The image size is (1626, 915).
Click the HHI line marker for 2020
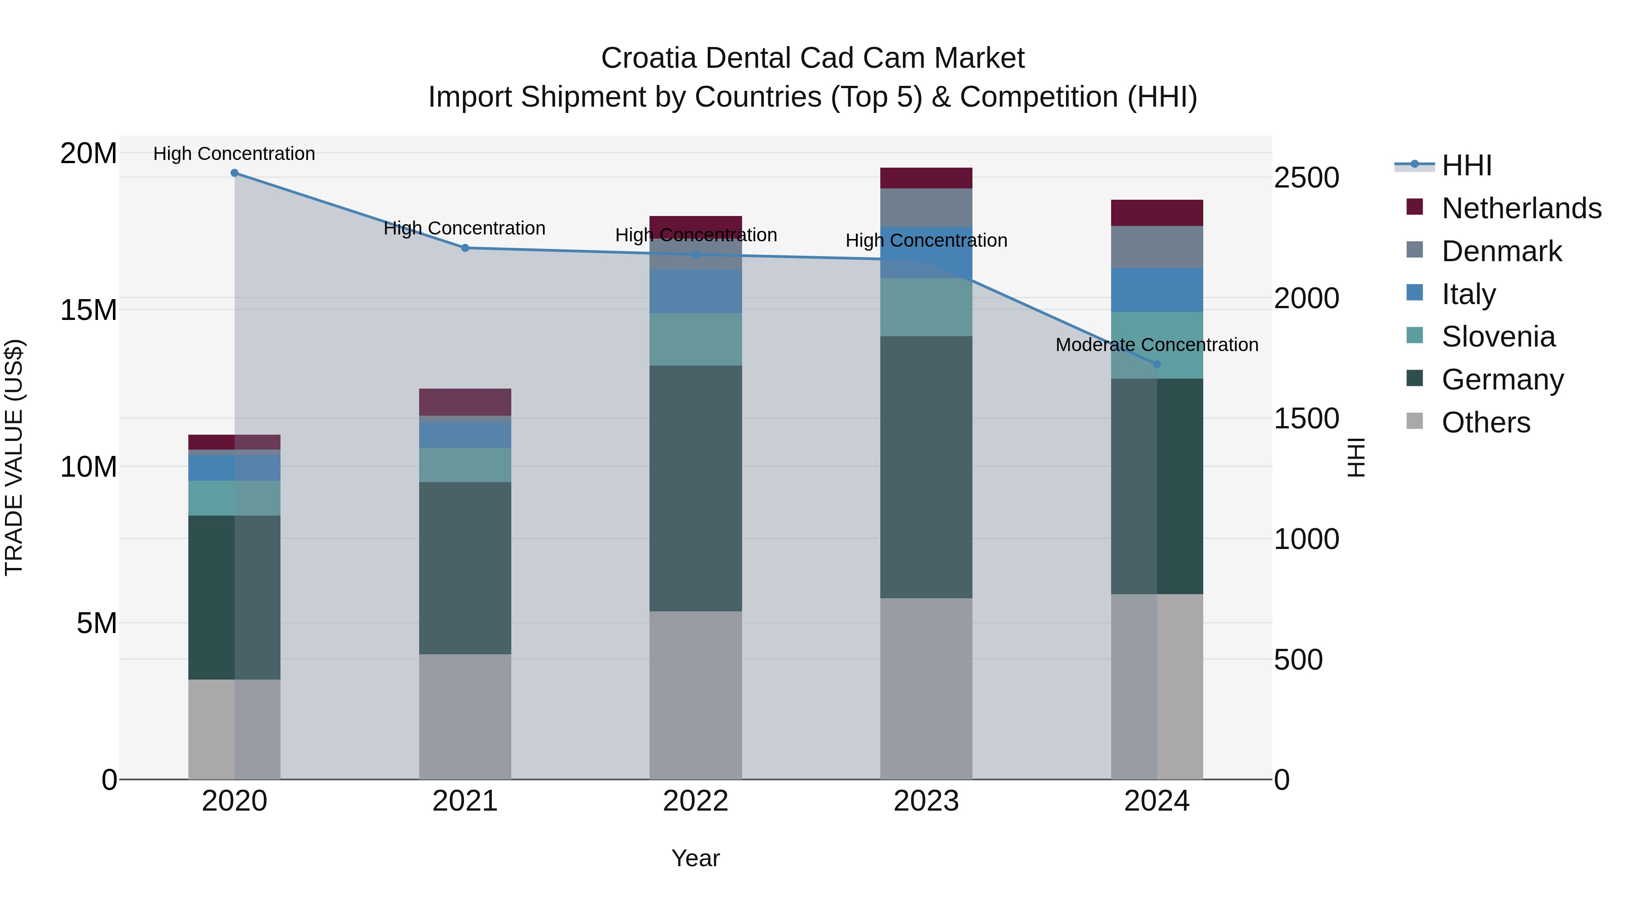(234, 173)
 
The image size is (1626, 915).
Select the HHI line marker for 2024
(1156, 364)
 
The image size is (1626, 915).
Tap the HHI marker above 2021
(465, 248)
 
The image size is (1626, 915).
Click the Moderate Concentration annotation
(1156, 345)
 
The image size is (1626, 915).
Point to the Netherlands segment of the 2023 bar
(926, 178)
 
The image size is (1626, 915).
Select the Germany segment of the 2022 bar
(696, 488)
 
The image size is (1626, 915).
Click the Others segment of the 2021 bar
(465, 716)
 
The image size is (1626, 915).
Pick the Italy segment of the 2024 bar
(1156, 290)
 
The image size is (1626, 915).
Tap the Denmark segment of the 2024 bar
(1156, 247)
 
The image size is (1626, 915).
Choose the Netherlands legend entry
(1521, 208)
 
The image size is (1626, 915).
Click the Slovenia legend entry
(1498, 337)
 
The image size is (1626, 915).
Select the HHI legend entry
(1466, 165)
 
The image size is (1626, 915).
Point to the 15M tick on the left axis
(89, 310)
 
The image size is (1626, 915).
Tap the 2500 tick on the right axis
(1306, 178)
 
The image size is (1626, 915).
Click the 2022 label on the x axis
(696, 801)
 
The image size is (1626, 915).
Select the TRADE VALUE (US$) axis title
(14, 457)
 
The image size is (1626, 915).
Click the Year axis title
(696, 858)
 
